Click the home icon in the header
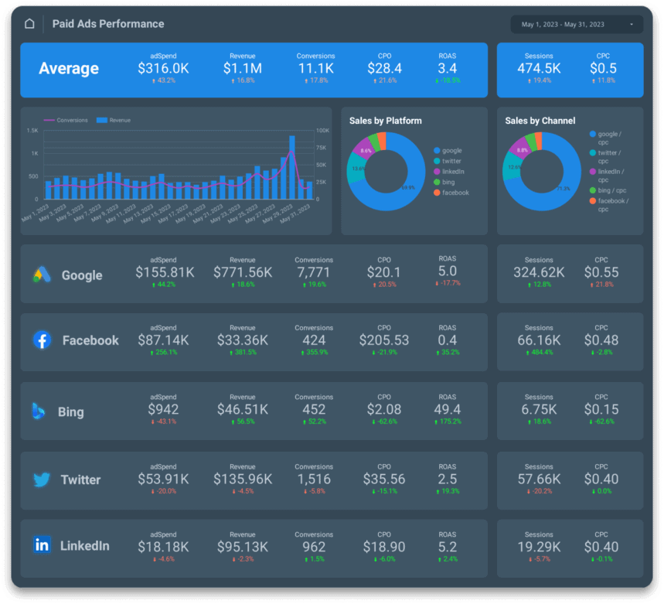click(x=29, y=24)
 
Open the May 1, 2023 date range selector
click(x=577, y=25)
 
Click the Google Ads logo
click(x=42, y=275)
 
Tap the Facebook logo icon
click(x=42, y=340)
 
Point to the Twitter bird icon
click(x=42, y=479)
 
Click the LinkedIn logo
click(x=42, y=545)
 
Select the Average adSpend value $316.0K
click(x=162, y=69)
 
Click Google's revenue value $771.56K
click(x=242, y=272)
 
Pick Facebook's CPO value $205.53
click(x=384, y=340)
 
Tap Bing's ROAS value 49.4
click(x=448, y=409)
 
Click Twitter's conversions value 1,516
click(x=314, y=479)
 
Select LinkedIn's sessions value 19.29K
click(x=539, y=547)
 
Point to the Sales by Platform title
click(x=386, y=121)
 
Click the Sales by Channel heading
click(x=540, y=121)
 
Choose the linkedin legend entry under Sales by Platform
click(x=453, y=171)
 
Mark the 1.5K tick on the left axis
click(x=32, y=131)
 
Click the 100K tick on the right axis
click(x=322, y=131)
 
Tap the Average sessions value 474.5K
click(x=539, y=69)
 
